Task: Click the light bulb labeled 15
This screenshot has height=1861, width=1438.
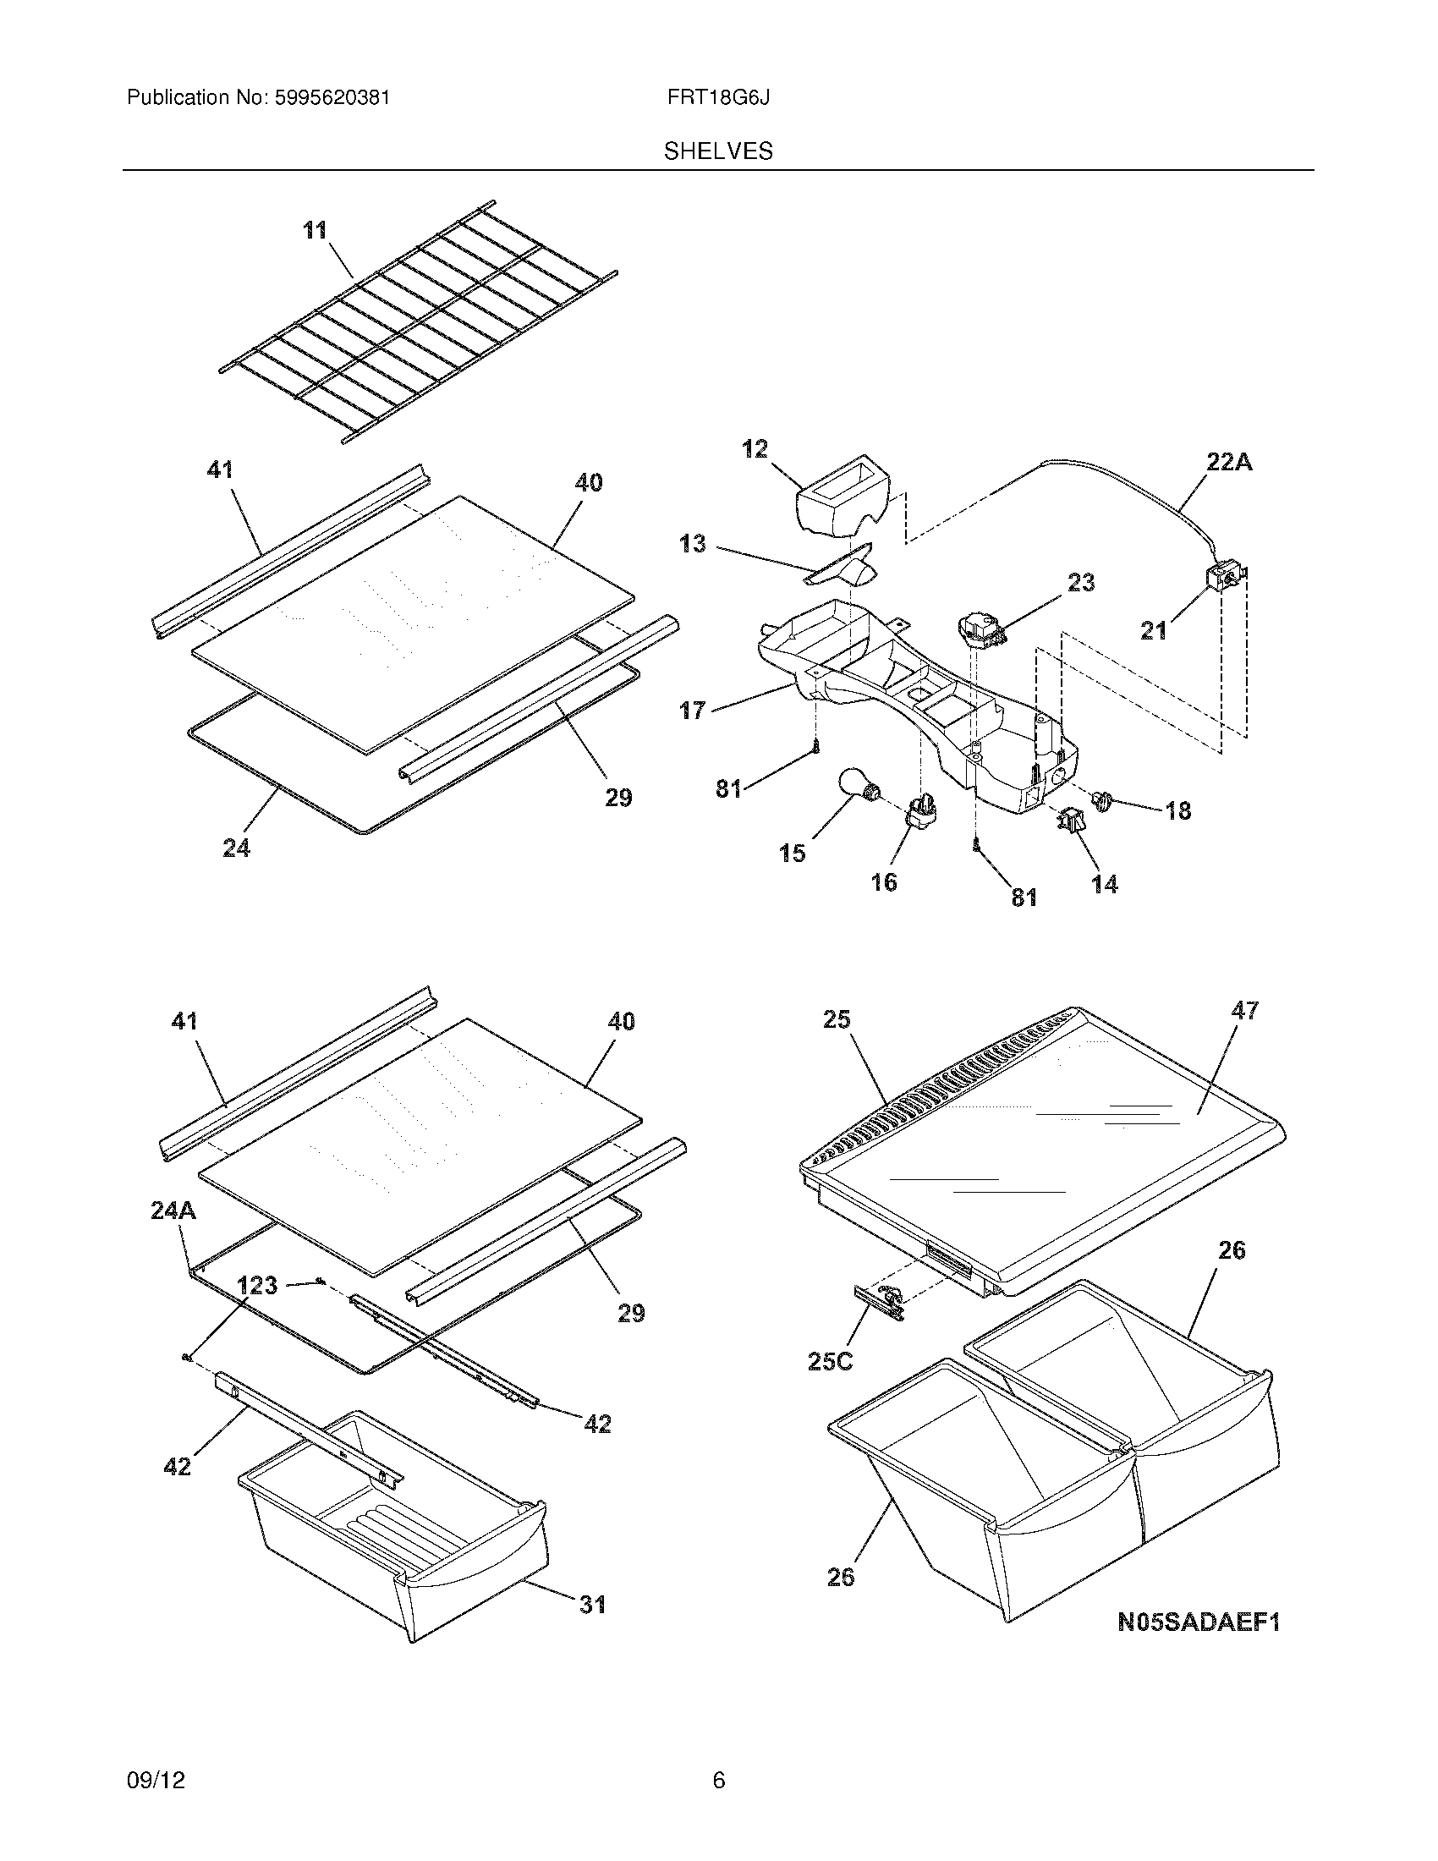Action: click(854, 785)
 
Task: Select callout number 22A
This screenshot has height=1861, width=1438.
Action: click(1228, 463)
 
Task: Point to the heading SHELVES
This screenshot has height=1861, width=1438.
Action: click(718, 151)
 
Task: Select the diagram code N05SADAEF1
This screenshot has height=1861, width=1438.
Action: click(1199, 1622)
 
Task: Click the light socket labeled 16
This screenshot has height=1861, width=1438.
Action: click(921, 811)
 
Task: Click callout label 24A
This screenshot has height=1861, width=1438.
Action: click(173, 1210)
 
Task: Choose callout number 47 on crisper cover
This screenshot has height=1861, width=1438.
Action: click(1244, 1011)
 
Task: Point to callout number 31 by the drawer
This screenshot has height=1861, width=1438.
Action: click(592, 1605)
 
